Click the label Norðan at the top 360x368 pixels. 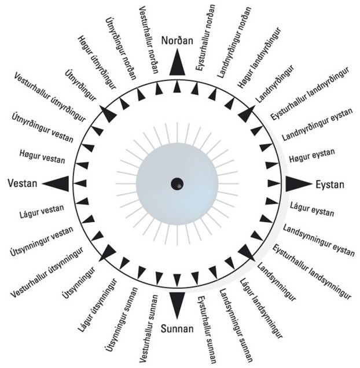(x=177, y=43)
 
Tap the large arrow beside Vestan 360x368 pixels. (x=56, y=183)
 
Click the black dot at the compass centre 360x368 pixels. (x=177, y=184)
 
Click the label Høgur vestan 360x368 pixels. (x=42, y=156)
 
